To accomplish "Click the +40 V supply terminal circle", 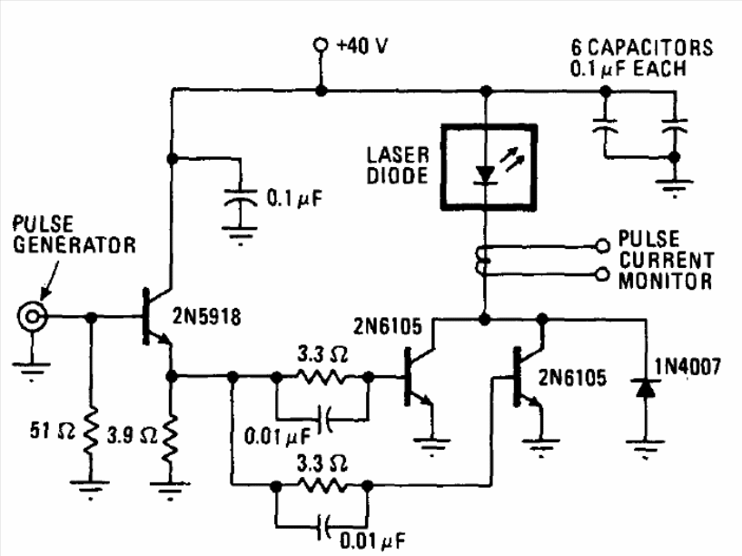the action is pyautogui.click(x=321, y=45).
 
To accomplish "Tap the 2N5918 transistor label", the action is pyautogui.click(x=206, y=316).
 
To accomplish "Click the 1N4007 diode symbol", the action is pyautogui.click(x=646, y=388).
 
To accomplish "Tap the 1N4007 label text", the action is pyautogui.click(x=688, y=366).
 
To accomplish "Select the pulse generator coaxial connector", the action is pyautogui.click(x=32, y=316).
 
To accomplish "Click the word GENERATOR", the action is pyautogui.click(x=74, y=245).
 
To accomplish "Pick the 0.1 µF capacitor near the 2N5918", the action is pyautogui.click(x=241, y=198).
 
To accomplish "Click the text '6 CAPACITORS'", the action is pyautogui.click(x=642, y=47).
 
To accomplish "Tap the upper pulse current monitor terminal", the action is pyautogui.click(x=602, y=246).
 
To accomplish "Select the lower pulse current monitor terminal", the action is pyautogui.click(x=602, y=274).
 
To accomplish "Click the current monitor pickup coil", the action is pyautogui.click(x=481, y=260).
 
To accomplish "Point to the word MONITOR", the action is pyautogui.click(x=666, y=281).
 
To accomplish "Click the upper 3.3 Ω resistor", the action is pyautogui.click(x=322, y=377).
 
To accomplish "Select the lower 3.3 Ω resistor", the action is pyautogui.click(x=322, y=485).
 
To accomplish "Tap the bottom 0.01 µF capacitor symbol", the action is pyautogui.click(x=324, y=527).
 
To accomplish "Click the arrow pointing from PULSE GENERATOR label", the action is pyautogui.click(x=50, y=280).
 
